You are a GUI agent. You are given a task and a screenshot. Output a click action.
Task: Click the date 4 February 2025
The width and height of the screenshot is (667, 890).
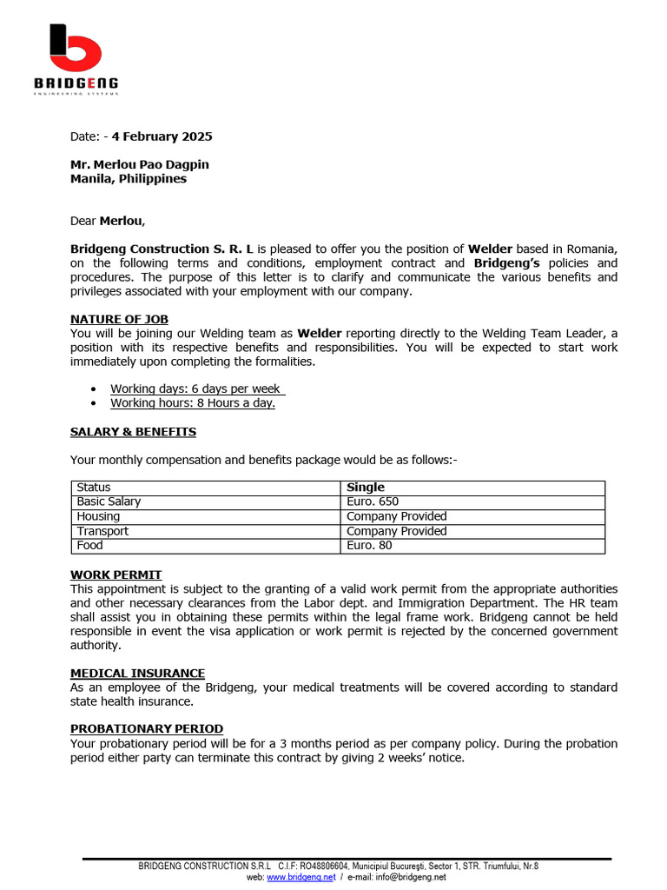[162, 136]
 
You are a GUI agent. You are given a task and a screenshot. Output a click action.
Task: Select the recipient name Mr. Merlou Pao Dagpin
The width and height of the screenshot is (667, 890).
[139, 164]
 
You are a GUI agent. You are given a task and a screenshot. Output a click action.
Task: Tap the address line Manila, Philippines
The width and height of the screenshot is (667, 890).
[128, 179]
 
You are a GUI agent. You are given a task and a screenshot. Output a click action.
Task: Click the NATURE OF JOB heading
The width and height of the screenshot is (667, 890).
[119, 319]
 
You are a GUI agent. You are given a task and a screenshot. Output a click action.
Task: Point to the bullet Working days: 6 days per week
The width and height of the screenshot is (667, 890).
[195, 389]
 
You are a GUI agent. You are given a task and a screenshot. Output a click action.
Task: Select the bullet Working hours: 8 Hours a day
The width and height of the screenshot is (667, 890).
[192, 403]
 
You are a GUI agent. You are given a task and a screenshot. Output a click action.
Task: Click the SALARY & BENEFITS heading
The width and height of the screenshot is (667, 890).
[133, 432]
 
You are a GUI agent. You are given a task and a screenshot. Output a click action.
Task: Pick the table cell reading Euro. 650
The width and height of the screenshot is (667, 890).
[373, 501]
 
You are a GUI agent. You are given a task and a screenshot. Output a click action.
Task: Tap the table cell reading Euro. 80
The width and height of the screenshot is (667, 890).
[369, 546]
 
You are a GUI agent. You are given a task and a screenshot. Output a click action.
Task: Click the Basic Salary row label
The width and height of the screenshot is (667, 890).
[109, 501]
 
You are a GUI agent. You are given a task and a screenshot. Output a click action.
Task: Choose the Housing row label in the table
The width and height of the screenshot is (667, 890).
[98, 516]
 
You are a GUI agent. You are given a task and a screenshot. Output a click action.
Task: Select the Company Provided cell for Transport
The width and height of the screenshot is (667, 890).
[396, 531]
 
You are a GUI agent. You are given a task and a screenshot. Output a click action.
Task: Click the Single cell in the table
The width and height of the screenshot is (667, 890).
[365, 488]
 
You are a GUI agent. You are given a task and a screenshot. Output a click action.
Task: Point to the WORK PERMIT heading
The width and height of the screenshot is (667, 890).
[116, 575]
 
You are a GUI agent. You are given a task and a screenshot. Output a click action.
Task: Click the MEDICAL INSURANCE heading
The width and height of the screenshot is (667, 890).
[137, 674]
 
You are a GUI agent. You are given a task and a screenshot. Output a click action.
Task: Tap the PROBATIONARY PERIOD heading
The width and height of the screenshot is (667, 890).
[146, 728]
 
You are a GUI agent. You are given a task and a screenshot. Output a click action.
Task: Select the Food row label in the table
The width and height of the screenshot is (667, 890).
[89, 546]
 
